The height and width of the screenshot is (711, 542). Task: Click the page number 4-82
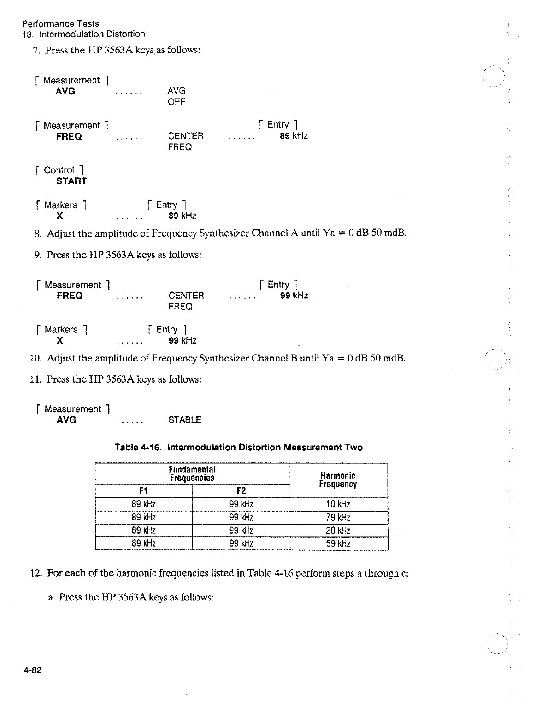tap(33, 670)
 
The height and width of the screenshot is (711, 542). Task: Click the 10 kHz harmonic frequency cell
tap(338, 504)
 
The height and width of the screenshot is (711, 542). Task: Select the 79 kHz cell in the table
tap(338, 517)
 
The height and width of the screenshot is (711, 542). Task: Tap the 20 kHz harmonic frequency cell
tap(338, 530)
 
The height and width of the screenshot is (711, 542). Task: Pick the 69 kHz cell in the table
tap(338, 543)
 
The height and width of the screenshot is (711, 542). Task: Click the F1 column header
tap(143, 491)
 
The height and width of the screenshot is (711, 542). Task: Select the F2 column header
tap(241, 491)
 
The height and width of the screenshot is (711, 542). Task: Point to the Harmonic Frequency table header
tap(338, 480)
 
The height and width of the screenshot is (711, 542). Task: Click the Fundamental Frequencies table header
tap(192, 473)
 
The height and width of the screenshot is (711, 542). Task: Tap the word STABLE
tap(185, 420)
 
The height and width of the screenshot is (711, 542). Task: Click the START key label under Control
tap(71, 181)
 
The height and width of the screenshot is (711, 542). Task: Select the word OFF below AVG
tap(177, 102)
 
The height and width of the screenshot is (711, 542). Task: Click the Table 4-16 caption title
tap(238, 448)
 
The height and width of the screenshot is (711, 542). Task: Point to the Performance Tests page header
tap(60, 23)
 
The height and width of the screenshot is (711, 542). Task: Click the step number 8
tap(37, 233)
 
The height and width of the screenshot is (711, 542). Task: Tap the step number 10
tap(35, 358)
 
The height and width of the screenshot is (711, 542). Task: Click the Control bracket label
tap(59, 170)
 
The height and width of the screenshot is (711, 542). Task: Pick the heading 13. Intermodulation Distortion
tap(83, 34)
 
